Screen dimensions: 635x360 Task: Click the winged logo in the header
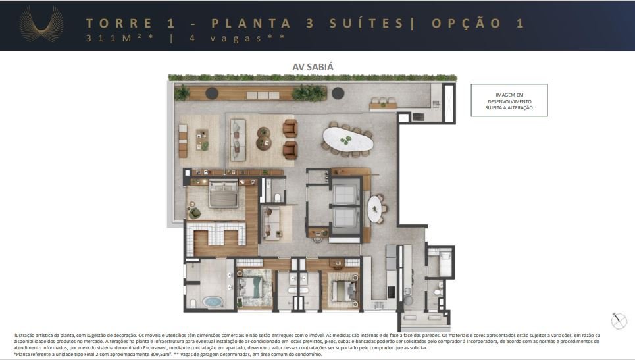[x=41, y=25]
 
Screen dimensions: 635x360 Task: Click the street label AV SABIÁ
[x=313, y=67]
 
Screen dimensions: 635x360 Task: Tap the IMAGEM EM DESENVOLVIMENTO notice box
[x=509, y=101]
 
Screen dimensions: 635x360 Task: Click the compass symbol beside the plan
[x=619, y=321]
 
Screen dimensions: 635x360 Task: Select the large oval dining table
[x=347, y=140]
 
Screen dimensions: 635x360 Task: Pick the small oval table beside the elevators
[x=374, y=209]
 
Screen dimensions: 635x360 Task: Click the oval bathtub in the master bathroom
[x=213, y=302]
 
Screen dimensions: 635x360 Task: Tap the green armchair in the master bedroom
[x=195, y=213]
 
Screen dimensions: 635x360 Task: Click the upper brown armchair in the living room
[x=290, y=128]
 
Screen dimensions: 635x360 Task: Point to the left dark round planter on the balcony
[x=212, y=93]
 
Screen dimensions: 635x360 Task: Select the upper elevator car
[x=345, y=191]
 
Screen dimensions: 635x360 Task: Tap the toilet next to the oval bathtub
[x=193, y=303]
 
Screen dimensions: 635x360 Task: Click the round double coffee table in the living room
[x=264, y=137]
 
